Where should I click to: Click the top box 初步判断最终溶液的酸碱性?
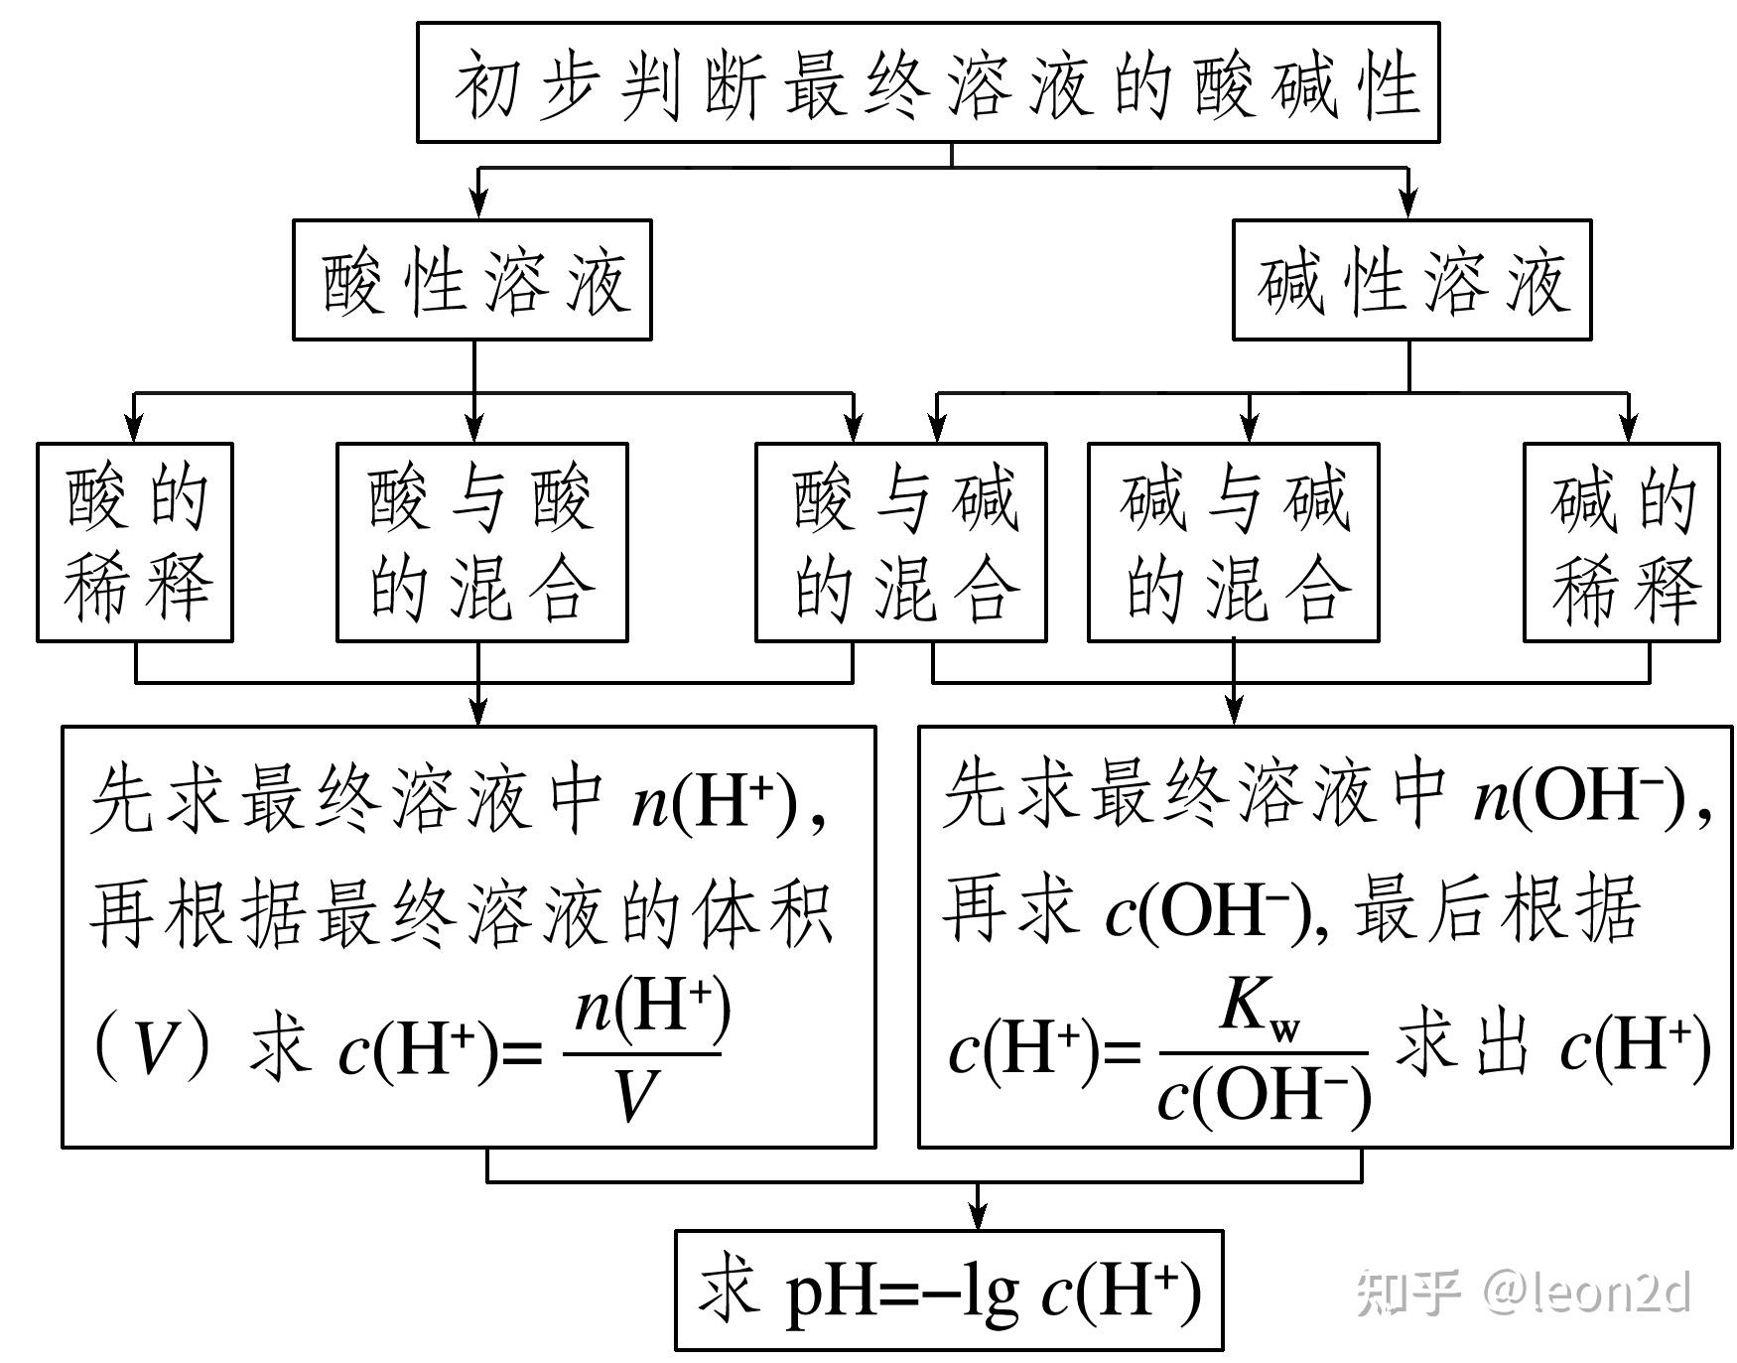point(927,83)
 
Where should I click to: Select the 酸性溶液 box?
point(472,280)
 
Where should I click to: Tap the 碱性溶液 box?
point(1410,280)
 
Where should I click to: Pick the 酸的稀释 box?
point(135,542)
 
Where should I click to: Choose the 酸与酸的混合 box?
point(482,542)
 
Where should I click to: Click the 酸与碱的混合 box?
point(901,542)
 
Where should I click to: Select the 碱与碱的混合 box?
point(1233,542)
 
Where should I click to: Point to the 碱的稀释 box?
point(1621,542)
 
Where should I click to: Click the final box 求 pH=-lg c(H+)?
point(949,1291)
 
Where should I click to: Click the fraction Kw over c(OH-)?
point(1264,1054)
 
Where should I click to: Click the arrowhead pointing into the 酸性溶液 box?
point(479,205)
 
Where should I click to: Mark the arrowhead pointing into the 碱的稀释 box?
point(1628,429)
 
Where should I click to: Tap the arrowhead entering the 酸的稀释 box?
point(135,429)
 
